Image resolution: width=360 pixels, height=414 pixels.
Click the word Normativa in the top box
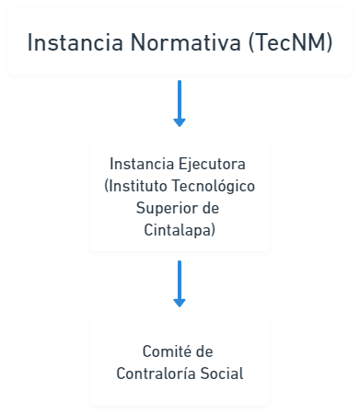[186, 42]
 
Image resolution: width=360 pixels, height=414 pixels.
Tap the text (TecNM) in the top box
[290, 42]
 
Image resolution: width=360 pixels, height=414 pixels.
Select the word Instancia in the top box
[75, 42]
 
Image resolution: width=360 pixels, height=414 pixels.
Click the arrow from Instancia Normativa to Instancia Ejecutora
[180, 104]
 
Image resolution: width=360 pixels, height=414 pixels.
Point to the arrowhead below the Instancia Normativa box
[180, 122]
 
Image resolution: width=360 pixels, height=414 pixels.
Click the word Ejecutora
[212, 164]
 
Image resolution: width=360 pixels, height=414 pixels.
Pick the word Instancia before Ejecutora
[142, 164]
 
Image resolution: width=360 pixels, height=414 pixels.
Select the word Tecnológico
[214, 186]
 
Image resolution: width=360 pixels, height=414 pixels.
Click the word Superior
[164, 208]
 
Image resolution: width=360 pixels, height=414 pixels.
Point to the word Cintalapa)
[180, 230]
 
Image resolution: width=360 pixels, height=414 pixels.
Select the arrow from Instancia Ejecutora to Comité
[180, 284]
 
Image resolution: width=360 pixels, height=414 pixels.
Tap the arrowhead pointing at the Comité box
[180, 303]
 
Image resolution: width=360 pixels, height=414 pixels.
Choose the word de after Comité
[204, 351]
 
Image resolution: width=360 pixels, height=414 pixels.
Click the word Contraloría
[156, 374]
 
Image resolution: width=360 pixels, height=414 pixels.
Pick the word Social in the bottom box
[222, 374]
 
